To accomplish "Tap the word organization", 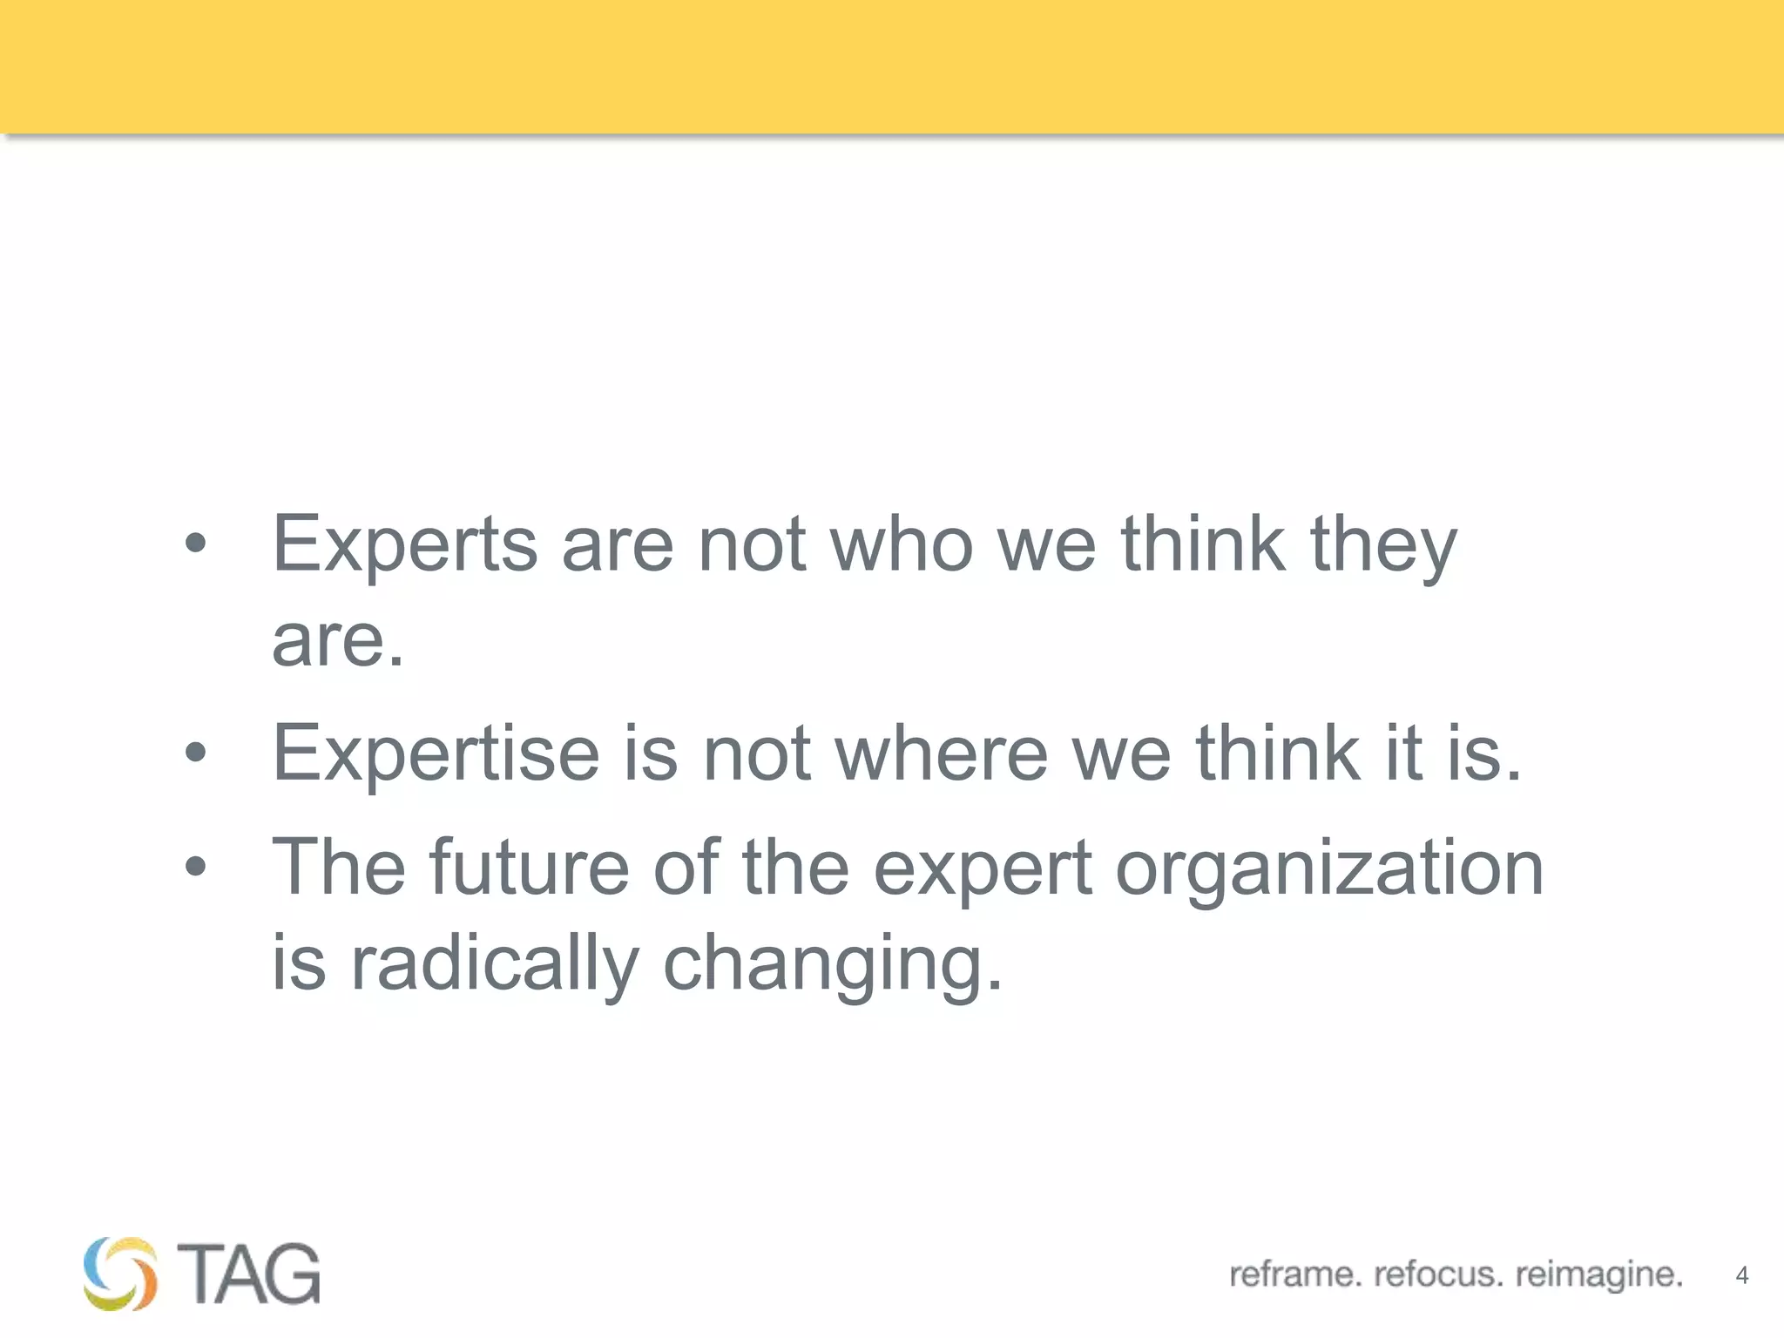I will tap(1329, 869).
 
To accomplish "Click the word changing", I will tap(832, 964).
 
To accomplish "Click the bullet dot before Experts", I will tap(196, 544).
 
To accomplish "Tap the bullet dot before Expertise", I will tap(196, 753).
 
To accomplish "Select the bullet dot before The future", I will tap(196, 867).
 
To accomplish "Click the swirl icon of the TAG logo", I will tap(120, 1274).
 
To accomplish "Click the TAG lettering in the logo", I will tap(248, 1274).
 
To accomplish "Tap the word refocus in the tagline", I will tap(1438, 1274).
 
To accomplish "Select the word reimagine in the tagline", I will tap(1598, 1274).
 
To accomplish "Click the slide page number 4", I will tap(1741, 1276).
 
